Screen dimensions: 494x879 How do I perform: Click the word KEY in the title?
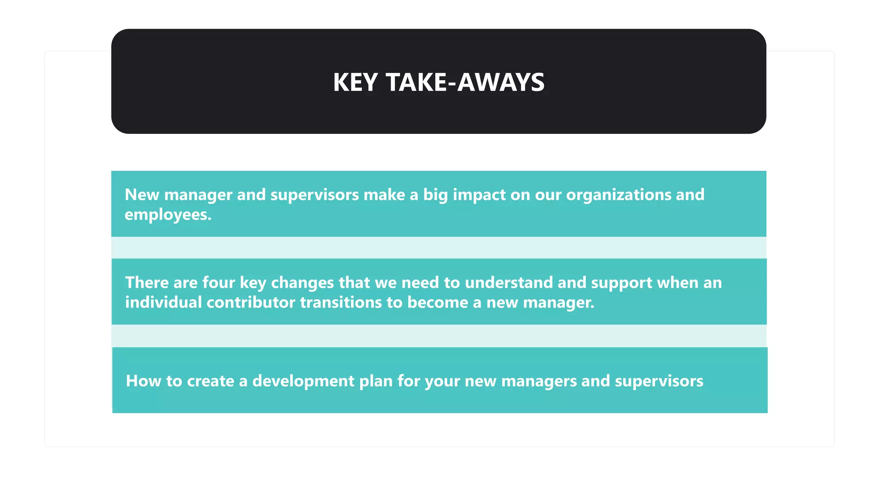(355, 82)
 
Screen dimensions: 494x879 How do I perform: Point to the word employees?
(167, 214)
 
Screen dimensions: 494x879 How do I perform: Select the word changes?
(302, 283)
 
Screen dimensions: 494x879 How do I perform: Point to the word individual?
(163, 302)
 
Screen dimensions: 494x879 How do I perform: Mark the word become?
(437, 302)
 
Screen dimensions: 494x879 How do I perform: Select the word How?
(143, 381)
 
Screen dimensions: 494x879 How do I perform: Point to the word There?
(146, 283)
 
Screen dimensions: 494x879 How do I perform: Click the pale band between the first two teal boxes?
(439, 247)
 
